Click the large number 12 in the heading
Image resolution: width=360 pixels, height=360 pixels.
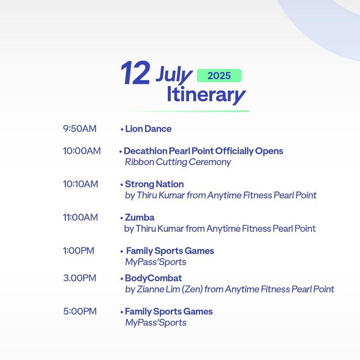tap(135, 73)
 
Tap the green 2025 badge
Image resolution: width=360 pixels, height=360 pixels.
tap(219, 76)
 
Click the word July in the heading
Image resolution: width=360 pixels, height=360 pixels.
tap(174, 75)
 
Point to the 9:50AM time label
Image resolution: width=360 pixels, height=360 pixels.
tap(80, 129)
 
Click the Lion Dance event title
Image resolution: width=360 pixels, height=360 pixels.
tap(148, 129)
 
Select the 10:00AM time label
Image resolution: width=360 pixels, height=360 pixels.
tap(82, 151)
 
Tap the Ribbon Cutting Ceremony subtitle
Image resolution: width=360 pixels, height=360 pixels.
tap(178, 162)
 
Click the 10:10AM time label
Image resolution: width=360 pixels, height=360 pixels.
tap(80, 184)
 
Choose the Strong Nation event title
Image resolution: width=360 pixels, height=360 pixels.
tap(154, 184)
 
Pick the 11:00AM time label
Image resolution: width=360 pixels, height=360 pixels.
tap(80, 217)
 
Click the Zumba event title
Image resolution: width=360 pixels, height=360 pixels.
tap(140, 217)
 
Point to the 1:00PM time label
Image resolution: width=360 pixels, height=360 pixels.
tap(79, 251)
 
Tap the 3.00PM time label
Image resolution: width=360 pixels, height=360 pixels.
tap(80, 278)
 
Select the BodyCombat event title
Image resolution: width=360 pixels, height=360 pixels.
tap(153, 278)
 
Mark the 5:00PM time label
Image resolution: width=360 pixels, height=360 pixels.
tap(80, 311)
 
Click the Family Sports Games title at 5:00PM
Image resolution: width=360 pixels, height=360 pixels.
tap(169, 312)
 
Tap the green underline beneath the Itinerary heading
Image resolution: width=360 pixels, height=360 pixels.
tap(186, 111)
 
